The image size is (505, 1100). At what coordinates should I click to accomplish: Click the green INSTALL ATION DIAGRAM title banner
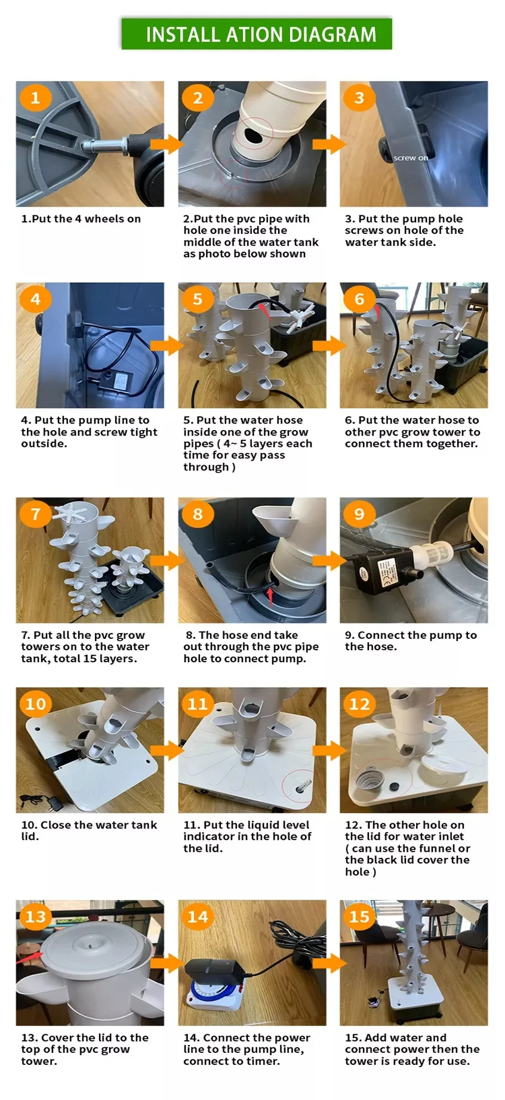click(257, 34)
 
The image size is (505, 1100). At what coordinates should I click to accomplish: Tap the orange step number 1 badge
click(35, 97)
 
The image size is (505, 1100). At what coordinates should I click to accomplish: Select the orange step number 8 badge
click(198, 514)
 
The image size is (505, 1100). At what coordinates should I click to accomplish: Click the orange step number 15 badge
click(359, 916)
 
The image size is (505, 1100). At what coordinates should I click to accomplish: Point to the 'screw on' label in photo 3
click(411, 158)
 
